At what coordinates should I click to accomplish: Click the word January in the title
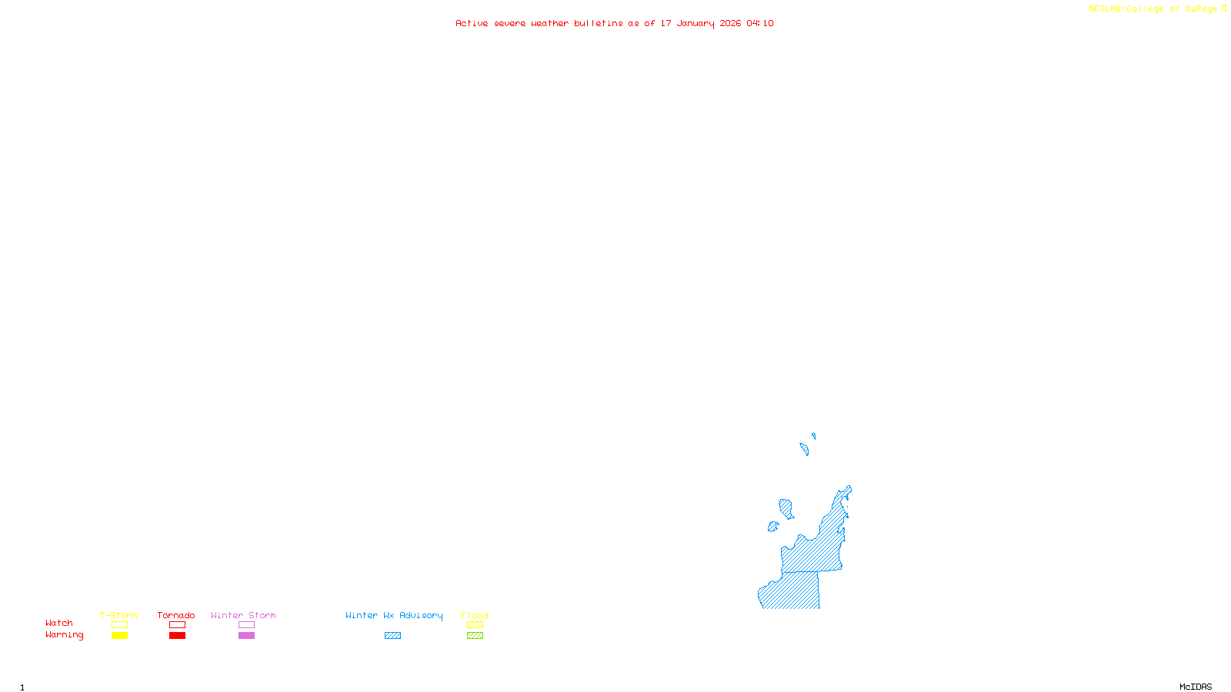[696, 24]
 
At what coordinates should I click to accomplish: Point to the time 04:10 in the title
[760, 24]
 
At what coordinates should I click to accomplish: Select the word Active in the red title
[472, 24]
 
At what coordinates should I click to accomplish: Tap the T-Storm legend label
[118, 615]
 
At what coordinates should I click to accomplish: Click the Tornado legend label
[176, 615]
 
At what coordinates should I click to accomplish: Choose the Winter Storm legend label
[243, 615]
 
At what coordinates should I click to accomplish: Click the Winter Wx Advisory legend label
[394, 615]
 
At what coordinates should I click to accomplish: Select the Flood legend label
[475, 615]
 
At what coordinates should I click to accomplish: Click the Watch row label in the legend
[59, 624]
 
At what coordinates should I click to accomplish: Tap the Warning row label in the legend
[65, 635]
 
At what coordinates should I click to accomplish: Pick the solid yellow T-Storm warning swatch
[119, 636]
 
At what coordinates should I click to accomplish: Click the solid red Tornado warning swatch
[177, 636]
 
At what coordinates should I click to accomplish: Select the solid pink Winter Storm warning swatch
[246, 636]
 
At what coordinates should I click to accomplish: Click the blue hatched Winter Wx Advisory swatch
[392, 636]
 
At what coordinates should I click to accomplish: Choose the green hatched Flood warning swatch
[475, 636]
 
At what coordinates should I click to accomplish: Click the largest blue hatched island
[786, 508]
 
